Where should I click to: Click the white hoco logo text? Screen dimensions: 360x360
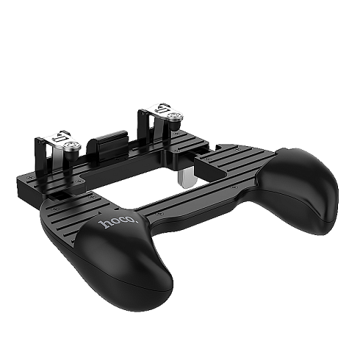point(118,221)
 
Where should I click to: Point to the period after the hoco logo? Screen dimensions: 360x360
point(137,221)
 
